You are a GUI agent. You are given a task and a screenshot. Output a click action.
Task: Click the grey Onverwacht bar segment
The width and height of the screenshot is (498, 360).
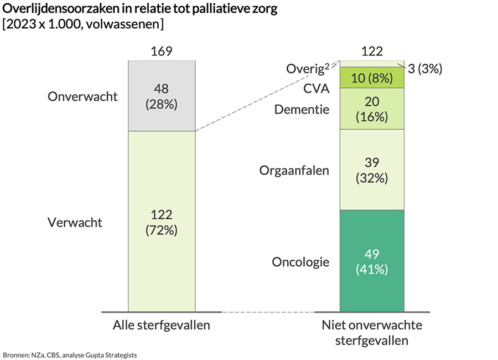pos(162,96)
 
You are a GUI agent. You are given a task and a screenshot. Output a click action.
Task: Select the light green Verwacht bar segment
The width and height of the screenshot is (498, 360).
pos(162,222)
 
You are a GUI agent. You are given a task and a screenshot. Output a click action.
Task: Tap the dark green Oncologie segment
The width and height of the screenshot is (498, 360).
pos(372,261)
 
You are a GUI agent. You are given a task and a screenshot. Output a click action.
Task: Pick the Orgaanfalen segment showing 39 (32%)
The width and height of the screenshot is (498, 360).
pos(372,169)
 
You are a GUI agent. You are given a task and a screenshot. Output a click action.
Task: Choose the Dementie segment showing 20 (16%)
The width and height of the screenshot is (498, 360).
pos(372,109)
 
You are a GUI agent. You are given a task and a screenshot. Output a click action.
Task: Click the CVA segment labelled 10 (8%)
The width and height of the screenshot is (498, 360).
pos(372,78)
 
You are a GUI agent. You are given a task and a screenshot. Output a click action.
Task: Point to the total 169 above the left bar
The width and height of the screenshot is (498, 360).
pos(162,52)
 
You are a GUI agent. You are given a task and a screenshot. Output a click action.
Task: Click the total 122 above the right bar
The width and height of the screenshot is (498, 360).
pos(372,52)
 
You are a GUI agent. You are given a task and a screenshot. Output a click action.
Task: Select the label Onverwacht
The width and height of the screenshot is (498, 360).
pos(83,96)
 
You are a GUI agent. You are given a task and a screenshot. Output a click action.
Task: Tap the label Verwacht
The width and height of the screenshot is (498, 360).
pos(76,223)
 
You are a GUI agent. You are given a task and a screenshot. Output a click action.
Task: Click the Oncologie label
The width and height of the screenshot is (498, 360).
pos(300,262)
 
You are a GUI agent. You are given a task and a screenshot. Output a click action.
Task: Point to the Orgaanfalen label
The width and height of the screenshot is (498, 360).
pos(294,170)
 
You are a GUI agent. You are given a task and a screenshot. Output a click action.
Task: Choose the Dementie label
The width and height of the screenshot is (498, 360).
pos(302,110)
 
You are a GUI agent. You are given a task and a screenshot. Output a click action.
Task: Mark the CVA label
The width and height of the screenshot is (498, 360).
pos(316,89)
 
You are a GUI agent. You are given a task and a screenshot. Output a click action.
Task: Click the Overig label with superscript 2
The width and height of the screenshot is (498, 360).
pos(308,69)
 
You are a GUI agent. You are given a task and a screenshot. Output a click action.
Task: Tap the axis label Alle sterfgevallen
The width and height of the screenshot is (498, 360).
pos(162,325)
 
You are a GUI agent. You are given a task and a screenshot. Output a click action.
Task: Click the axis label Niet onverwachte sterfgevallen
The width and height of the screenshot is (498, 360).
pos(372,332)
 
